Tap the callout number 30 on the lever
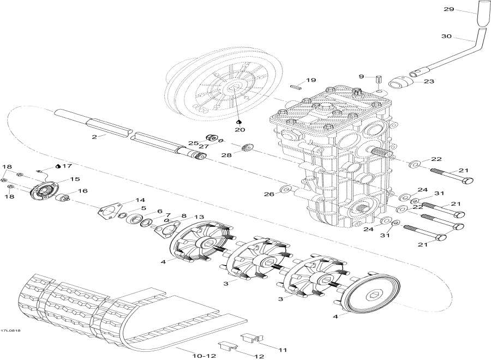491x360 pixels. (446, 37)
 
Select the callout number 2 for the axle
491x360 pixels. (94, 136)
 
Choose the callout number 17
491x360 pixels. (67, 165)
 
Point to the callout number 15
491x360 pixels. (74, 179)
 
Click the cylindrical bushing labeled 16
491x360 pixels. (65, 198)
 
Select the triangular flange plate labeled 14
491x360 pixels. (111, 211)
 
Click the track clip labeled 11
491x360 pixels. (249, 339)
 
